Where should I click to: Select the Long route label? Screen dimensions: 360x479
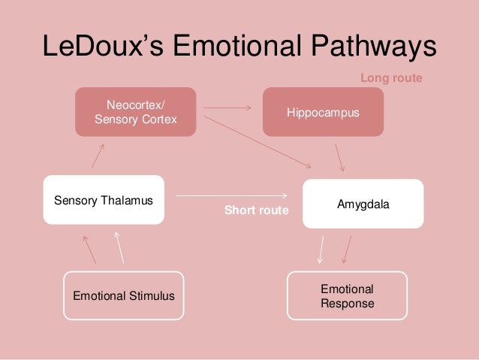coord(391,77)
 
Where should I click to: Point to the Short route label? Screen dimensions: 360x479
coord(256,211)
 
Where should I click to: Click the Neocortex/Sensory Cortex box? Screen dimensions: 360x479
coord(135,112)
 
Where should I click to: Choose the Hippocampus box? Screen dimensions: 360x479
coord(323,112)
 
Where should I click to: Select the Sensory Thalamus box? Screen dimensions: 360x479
coord(104,200)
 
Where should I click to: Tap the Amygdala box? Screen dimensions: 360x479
coord(363,204)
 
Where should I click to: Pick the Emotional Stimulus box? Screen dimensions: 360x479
coord(124,296)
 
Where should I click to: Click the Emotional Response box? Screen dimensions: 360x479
coord(348,296)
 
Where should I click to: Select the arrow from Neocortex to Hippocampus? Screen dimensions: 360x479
coord(227,107)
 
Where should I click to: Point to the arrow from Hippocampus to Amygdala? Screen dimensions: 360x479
coord(339,158)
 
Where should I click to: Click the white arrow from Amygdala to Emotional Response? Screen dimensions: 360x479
coord(321,248)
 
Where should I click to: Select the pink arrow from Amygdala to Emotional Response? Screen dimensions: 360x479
coord(347,248)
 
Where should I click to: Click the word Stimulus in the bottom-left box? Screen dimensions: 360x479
coord(151,296)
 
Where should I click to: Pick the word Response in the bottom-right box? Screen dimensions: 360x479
coord(348,304)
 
